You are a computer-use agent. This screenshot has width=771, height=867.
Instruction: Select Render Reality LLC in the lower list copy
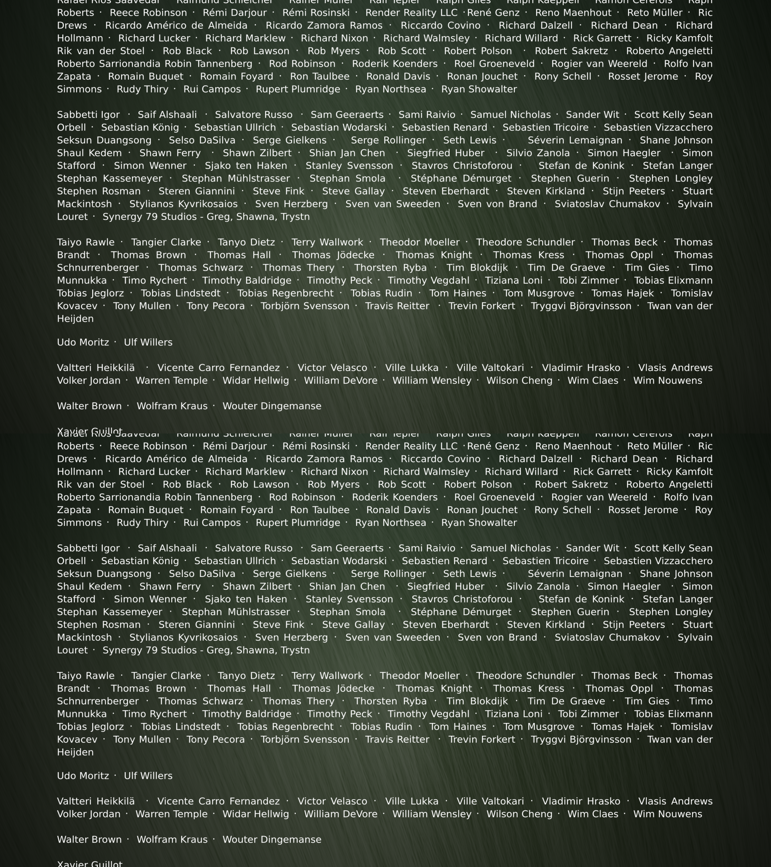(411, 446)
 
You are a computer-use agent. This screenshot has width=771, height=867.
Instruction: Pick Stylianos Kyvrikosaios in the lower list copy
(183, 638)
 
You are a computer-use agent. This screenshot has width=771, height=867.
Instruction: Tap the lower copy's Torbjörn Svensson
(305, 739)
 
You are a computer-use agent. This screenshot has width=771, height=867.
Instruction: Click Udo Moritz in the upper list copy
(83, 342)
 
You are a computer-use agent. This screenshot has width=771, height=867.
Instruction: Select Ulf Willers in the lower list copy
(148, 776)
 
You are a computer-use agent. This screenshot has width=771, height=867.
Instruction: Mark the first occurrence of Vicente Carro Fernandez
(219, 368)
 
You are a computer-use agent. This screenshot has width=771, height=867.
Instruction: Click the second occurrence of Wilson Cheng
(519, 814)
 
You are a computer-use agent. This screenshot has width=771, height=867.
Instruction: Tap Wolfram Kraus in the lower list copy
(172, 839)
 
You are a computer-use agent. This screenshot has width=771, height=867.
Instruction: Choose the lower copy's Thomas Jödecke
(333, 688)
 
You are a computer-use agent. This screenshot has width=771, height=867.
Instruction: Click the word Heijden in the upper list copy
(75, 318)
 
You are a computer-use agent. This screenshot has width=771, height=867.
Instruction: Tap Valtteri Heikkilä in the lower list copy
(96, 801)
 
